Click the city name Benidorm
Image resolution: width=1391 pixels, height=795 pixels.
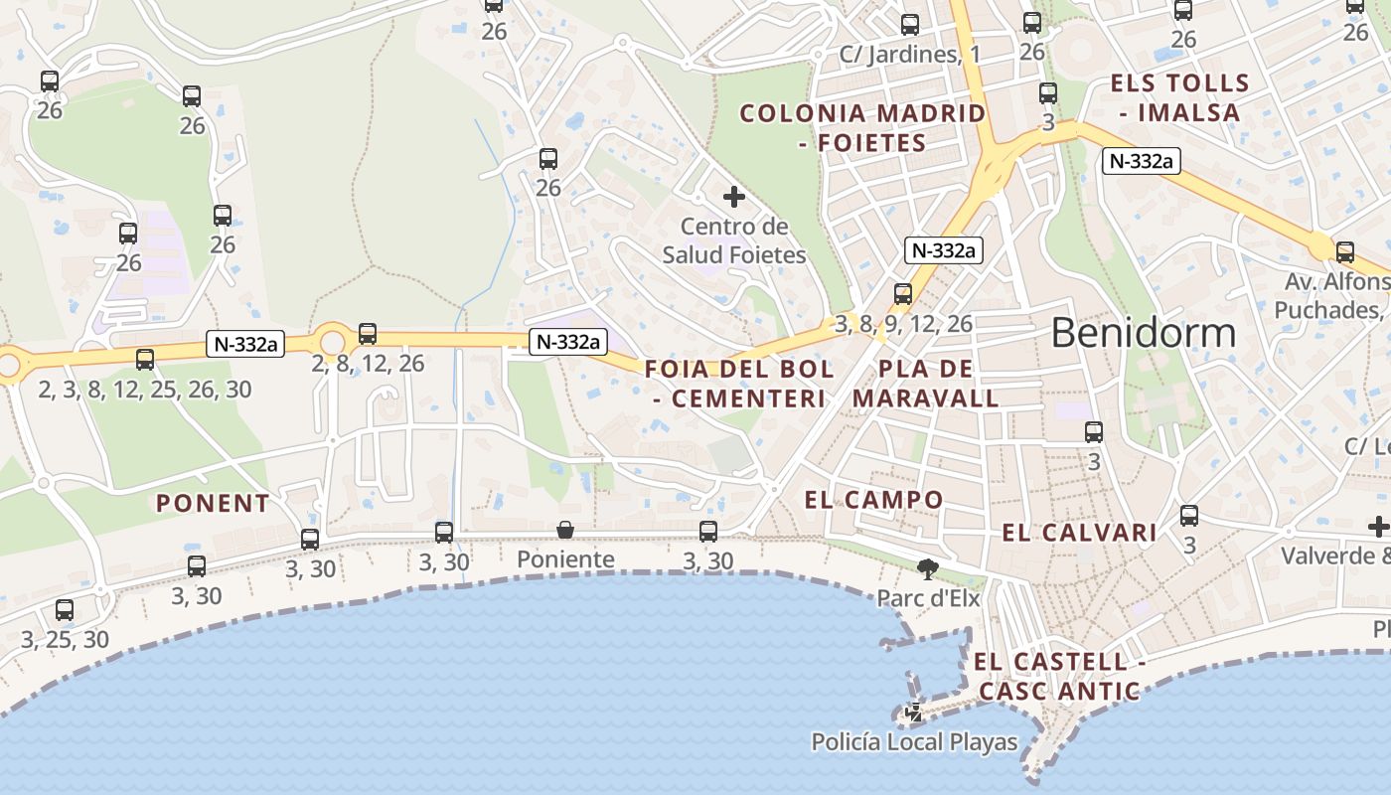[x=1143, y=333]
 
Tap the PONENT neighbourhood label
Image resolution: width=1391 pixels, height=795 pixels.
[x=213, y=503]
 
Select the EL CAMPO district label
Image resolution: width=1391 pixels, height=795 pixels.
[x=873, y=499]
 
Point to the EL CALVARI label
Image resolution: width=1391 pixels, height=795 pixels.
[x=1079, y=533]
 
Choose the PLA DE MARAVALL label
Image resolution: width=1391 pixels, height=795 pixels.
[x=925, y=384]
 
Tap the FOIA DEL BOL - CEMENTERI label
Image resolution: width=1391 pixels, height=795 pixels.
[x=740, y=384]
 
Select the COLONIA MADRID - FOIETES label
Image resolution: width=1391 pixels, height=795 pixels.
[x=863, y=127]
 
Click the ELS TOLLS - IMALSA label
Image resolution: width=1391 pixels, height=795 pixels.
[x=1179, y=97]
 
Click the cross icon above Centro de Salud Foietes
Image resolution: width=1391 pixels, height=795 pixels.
[x=734, y=197]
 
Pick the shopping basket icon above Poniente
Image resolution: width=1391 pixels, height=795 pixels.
[x=565, y=530]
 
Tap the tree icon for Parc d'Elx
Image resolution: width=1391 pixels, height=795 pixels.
[x=928, y=569]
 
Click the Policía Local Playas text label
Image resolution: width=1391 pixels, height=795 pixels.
[x=914, y=741]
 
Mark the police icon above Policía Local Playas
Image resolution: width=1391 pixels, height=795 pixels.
[x=914, y=713]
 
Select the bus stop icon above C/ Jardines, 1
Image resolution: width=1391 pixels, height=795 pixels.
[x=909, y=25]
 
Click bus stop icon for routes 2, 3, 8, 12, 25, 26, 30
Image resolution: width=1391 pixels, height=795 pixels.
[x=145, y=360]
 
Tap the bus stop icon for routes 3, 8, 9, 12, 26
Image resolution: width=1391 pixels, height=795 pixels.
[x=902, y=294]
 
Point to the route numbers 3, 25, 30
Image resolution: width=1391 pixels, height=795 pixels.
[x=65, y=639]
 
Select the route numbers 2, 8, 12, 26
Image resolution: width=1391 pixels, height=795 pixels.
[x=368, y=364]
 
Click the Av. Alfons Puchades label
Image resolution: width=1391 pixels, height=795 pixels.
[x=1331, y=296]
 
